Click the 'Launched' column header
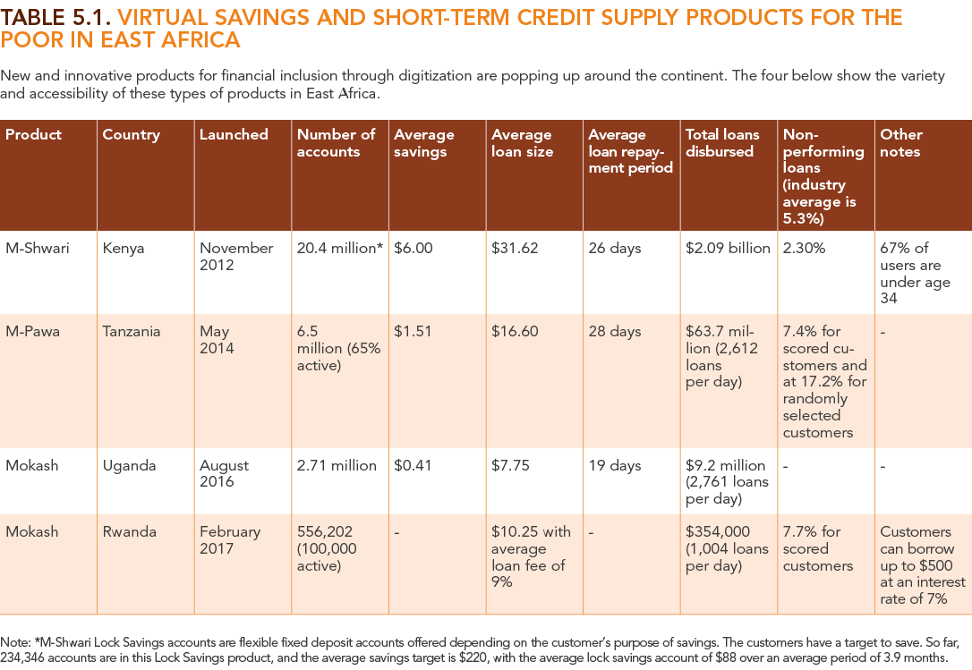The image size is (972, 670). [x=234, y=134]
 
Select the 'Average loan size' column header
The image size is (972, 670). [x=522, y=143]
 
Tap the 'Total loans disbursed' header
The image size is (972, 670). [x=722, y=143]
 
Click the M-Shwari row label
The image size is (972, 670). [x=33, y=248]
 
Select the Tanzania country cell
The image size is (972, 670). [x=132, y=331]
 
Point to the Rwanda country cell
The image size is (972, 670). [x=127, y=531]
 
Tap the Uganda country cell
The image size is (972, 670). [x=129, y=465]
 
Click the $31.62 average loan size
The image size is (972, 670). [x=515, y=248]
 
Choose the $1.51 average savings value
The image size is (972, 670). [x=413, y=331]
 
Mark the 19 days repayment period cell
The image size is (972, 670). [x=614, y=465]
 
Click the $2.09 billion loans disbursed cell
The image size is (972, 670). [x=727, y=248]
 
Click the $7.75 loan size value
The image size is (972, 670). [x=510, y=465]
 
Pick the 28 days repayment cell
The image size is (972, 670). [x=614, y=331]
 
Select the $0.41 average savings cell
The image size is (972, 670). [x=413, y=465]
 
